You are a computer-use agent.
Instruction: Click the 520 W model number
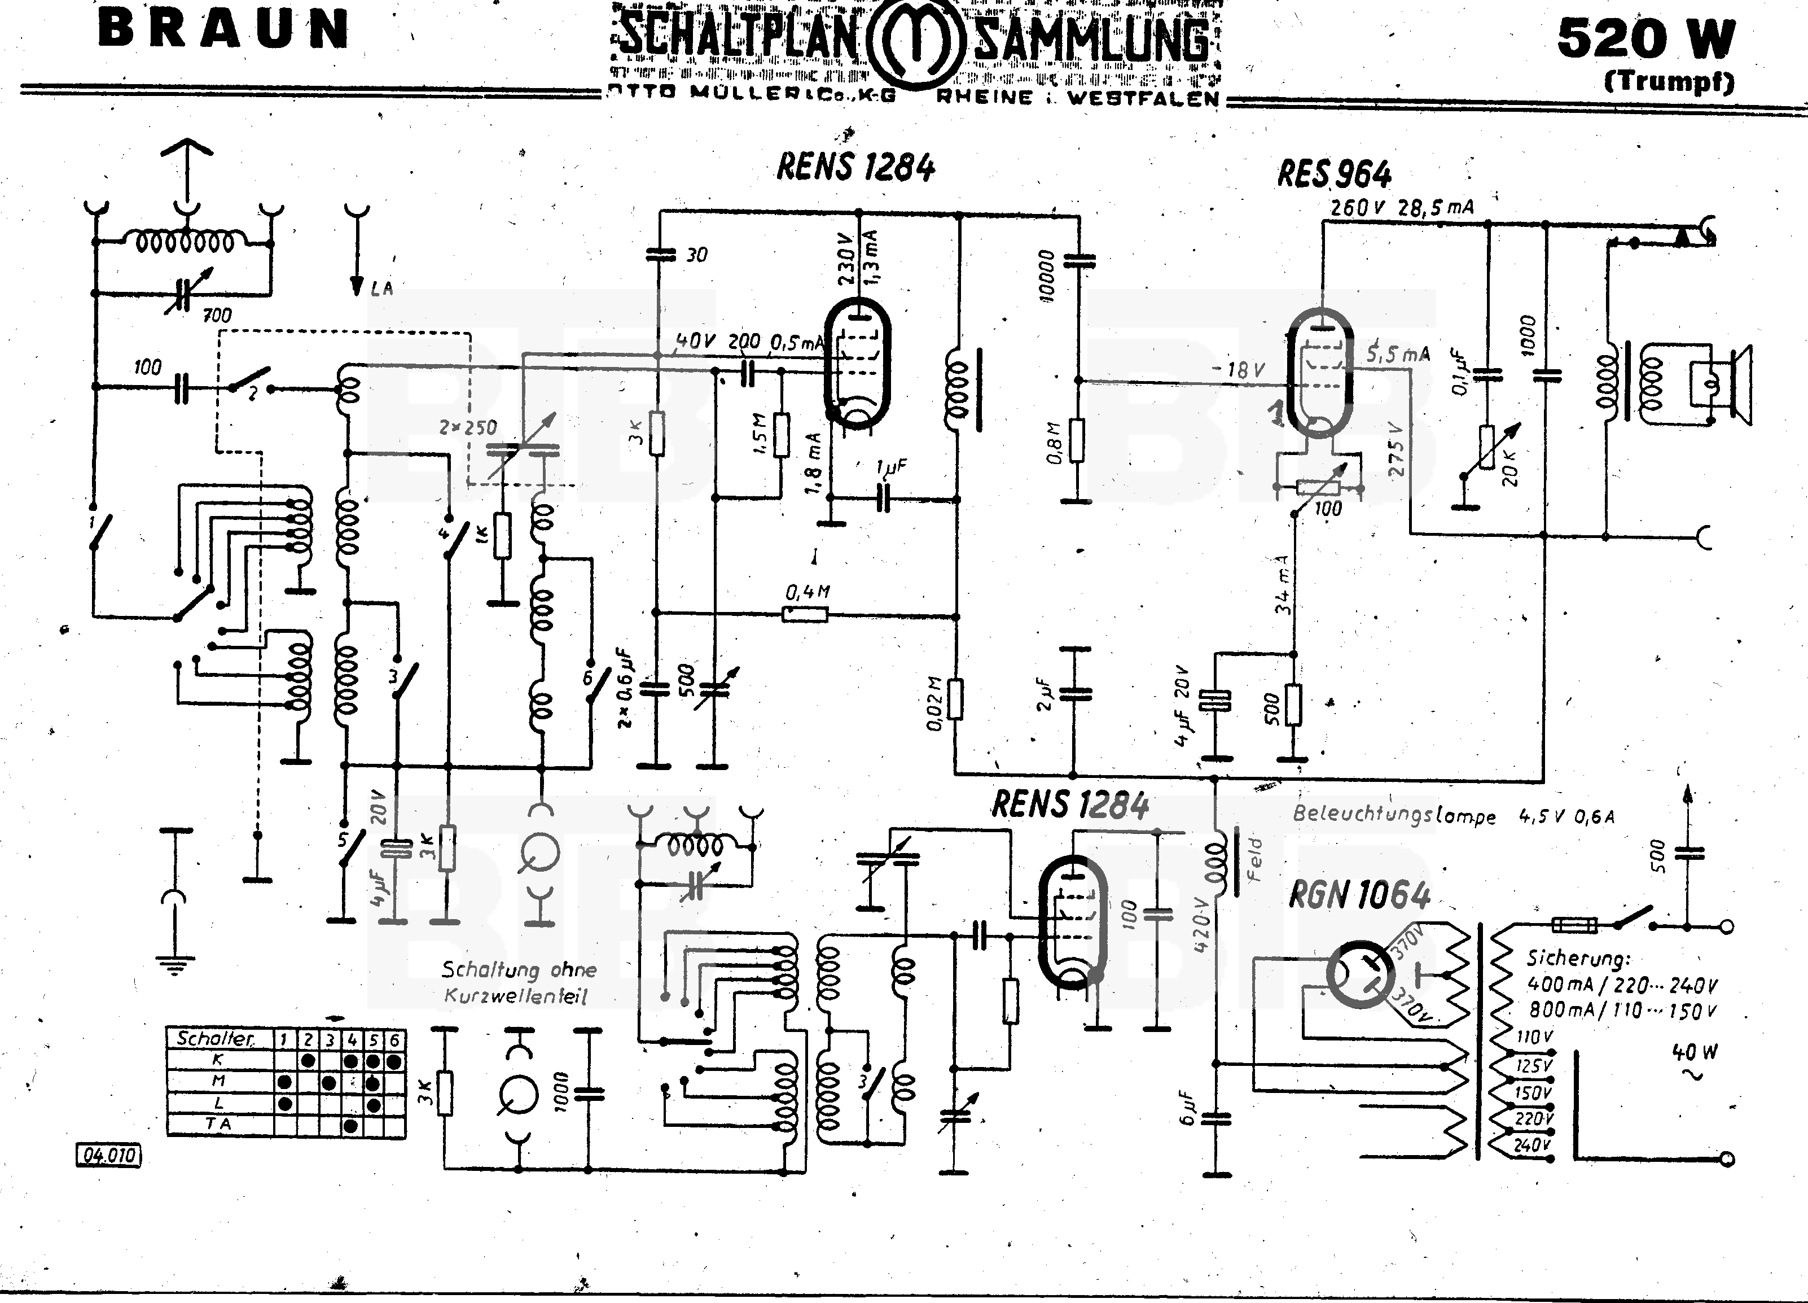click(x=1645, y=38)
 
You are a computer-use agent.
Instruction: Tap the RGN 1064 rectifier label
click(x=1359, y=895)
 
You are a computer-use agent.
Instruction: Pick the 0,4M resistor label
click(x=808, y=592)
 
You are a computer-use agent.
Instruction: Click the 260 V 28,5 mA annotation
click(x=1402, y=207)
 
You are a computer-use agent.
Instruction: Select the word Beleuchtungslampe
click(x=1393, y=815)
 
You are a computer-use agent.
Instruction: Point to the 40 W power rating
click(x=1695, y=1052)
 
